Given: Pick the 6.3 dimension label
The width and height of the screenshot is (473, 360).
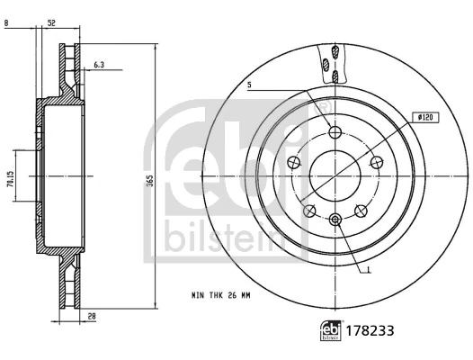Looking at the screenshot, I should [100, 64].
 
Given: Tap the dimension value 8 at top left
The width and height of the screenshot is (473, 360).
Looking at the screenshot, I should [7, 24].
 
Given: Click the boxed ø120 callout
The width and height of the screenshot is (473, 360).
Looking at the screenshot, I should [426, 117].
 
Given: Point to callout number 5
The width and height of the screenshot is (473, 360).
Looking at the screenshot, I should [250, 85].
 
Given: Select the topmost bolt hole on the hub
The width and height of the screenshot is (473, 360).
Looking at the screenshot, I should [335, 132].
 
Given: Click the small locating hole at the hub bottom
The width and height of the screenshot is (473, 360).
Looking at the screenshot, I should [335, 219].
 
